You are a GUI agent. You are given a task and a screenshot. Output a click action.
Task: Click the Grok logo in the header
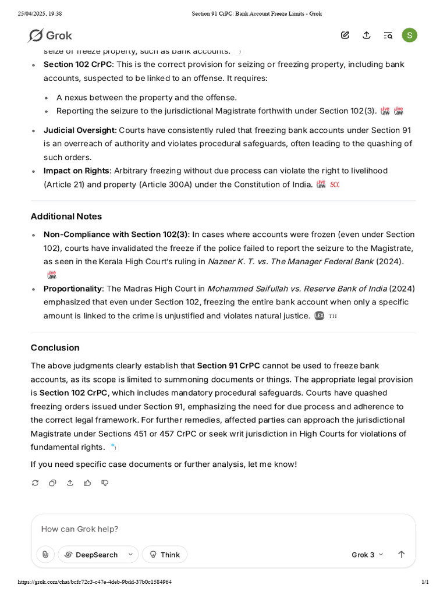click(x=49, y=36)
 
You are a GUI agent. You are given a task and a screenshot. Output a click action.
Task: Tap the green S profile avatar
click(x=409, y=36)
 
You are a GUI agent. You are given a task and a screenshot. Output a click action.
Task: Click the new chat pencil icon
click(x=345, y=36)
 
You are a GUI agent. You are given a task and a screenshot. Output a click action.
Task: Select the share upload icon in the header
click(x=366, y=36)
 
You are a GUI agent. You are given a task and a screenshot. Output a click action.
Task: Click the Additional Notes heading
click(x=66, y=217)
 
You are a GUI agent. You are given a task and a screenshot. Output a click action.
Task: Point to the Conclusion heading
click(x=55, y=347)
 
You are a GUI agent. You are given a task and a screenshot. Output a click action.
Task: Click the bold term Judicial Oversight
click(x=79, y=130)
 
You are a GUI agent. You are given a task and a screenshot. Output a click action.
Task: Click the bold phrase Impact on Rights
click(x=76, y=171)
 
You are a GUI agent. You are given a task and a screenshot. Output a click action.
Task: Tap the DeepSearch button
click(x=97, y=555)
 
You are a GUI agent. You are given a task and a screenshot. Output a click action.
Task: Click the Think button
click(x=165, y=555)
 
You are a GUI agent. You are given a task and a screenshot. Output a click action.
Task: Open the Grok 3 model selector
click(x=367, y=555)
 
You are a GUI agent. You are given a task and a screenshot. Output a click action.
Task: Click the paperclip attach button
click(x=45, y=555)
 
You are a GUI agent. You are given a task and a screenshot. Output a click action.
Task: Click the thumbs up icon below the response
click(x=87, y=483)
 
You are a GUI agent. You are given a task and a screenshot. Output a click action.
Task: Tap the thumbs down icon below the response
click(x=105, y=483)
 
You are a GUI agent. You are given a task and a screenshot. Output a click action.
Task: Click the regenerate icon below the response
click(x=35, y=483)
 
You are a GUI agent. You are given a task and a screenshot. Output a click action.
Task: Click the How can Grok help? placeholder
click(x=80, y=529)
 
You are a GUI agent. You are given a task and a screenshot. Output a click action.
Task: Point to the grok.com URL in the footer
click(x=94, y=582)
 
